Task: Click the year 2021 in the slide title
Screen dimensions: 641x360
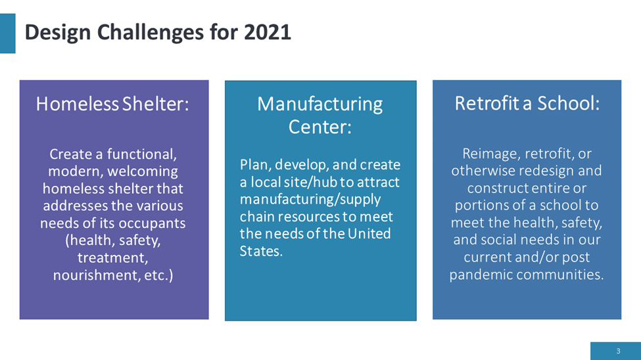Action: pos(268,32)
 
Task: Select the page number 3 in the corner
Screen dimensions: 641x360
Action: pos(618,351)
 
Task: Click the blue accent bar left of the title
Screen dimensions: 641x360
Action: pos(7,34)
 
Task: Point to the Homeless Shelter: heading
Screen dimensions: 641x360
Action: pos(112,104)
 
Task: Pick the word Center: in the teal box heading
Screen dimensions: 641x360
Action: pos(320,127)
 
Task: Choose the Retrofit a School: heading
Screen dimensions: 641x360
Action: pos(527,103)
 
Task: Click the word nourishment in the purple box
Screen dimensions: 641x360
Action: pos(97,275)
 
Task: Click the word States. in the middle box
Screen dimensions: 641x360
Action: pos(261,252)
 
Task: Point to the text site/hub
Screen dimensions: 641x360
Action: pos(310,182)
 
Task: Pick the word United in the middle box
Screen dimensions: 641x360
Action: pos(369,234)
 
